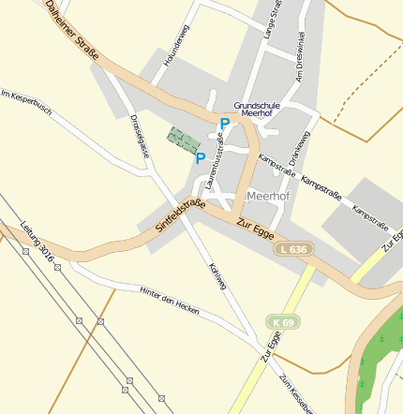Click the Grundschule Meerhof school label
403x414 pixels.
coord(257,110)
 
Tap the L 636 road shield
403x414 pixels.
coord(292,249)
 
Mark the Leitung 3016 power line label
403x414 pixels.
coord(38,241)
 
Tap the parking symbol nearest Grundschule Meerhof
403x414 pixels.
coord(224,123)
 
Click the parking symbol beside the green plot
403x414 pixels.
coord(200,157)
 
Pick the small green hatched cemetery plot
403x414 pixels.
coord(184,140)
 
